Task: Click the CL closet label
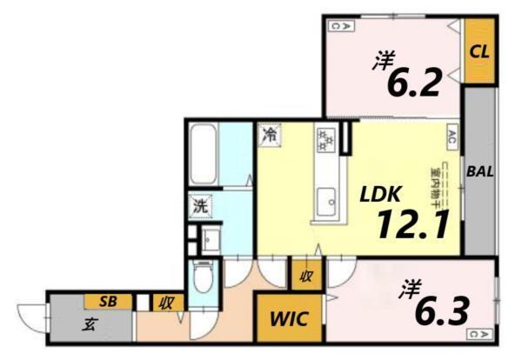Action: [478, 50]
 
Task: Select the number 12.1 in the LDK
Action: [412, 225]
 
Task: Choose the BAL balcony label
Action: [479, 171]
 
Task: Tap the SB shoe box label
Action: [108, 301]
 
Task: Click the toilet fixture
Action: [202, 279]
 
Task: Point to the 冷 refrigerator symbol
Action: [271, 136]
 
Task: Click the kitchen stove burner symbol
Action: [327, 137]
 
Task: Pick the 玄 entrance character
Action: [90, 326]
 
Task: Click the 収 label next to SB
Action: [164, 303]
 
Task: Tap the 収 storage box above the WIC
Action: [306, 277]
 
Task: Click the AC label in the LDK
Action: [452, 136]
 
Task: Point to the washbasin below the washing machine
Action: [209, 237]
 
